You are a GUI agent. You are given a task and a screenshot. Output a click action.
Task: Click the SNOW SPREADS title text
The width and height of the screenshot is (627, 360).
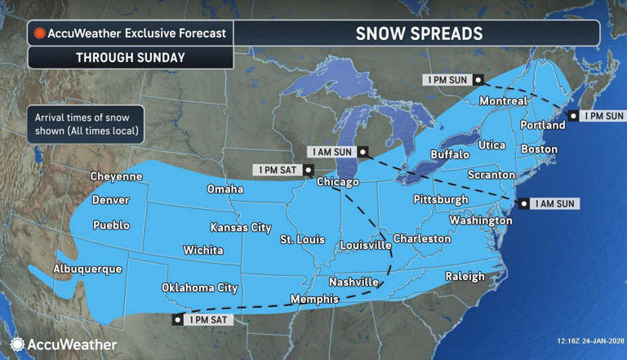pyautogui.click(x=419, y=33)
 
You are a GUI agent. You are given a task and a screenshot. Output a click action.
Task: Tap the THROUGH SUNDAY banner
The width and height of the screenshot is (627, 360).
pyautogui.click(x=131, y=58)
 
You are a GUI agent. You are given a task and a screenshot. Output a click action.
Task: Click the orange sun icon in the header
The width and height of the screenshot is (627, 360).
pyautogui.click(x=38, y=34)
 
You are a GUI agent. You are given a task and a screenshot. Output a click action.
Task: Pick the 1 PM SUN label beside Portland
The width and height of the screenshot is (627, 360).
pyautogui.click(x=603, y=116)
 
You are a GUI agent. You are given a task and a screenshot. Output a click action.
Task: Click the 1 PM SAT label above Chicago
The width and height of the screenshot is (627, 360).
pyautogui.click(x=278, y=170)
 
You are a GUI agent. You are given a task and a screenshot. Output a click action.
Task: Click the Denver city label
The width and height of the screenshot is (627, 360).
pyautogui.click(x=110, y=200)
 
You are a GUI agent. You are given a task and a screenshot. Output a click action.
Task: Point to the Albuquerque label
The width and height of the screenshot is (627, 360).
pyautogui.click(x=87, y=269)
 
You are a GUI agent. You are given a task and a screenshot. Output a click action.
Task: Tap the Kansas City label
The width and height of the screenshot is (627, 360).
pyautogui.click(x=240, y=227)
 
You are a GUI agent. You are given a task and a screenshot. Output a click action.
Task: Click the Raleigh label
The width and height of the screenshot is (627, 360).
pyautogui.click(x=465, y=277)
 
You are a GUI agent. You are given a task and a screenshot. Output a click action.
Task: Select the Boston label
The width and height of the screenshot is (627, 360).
pyautogui.click(x=539, y=149)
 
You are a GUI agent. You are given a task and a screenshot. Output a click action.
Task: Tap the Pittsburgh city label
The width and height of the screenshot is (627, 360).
pyautogui.click(x=441, y=199)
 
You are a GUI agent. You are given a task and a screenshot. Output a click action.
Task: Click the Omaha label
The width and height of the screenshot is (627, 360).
pyautogui.click(x=225, y=189)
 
